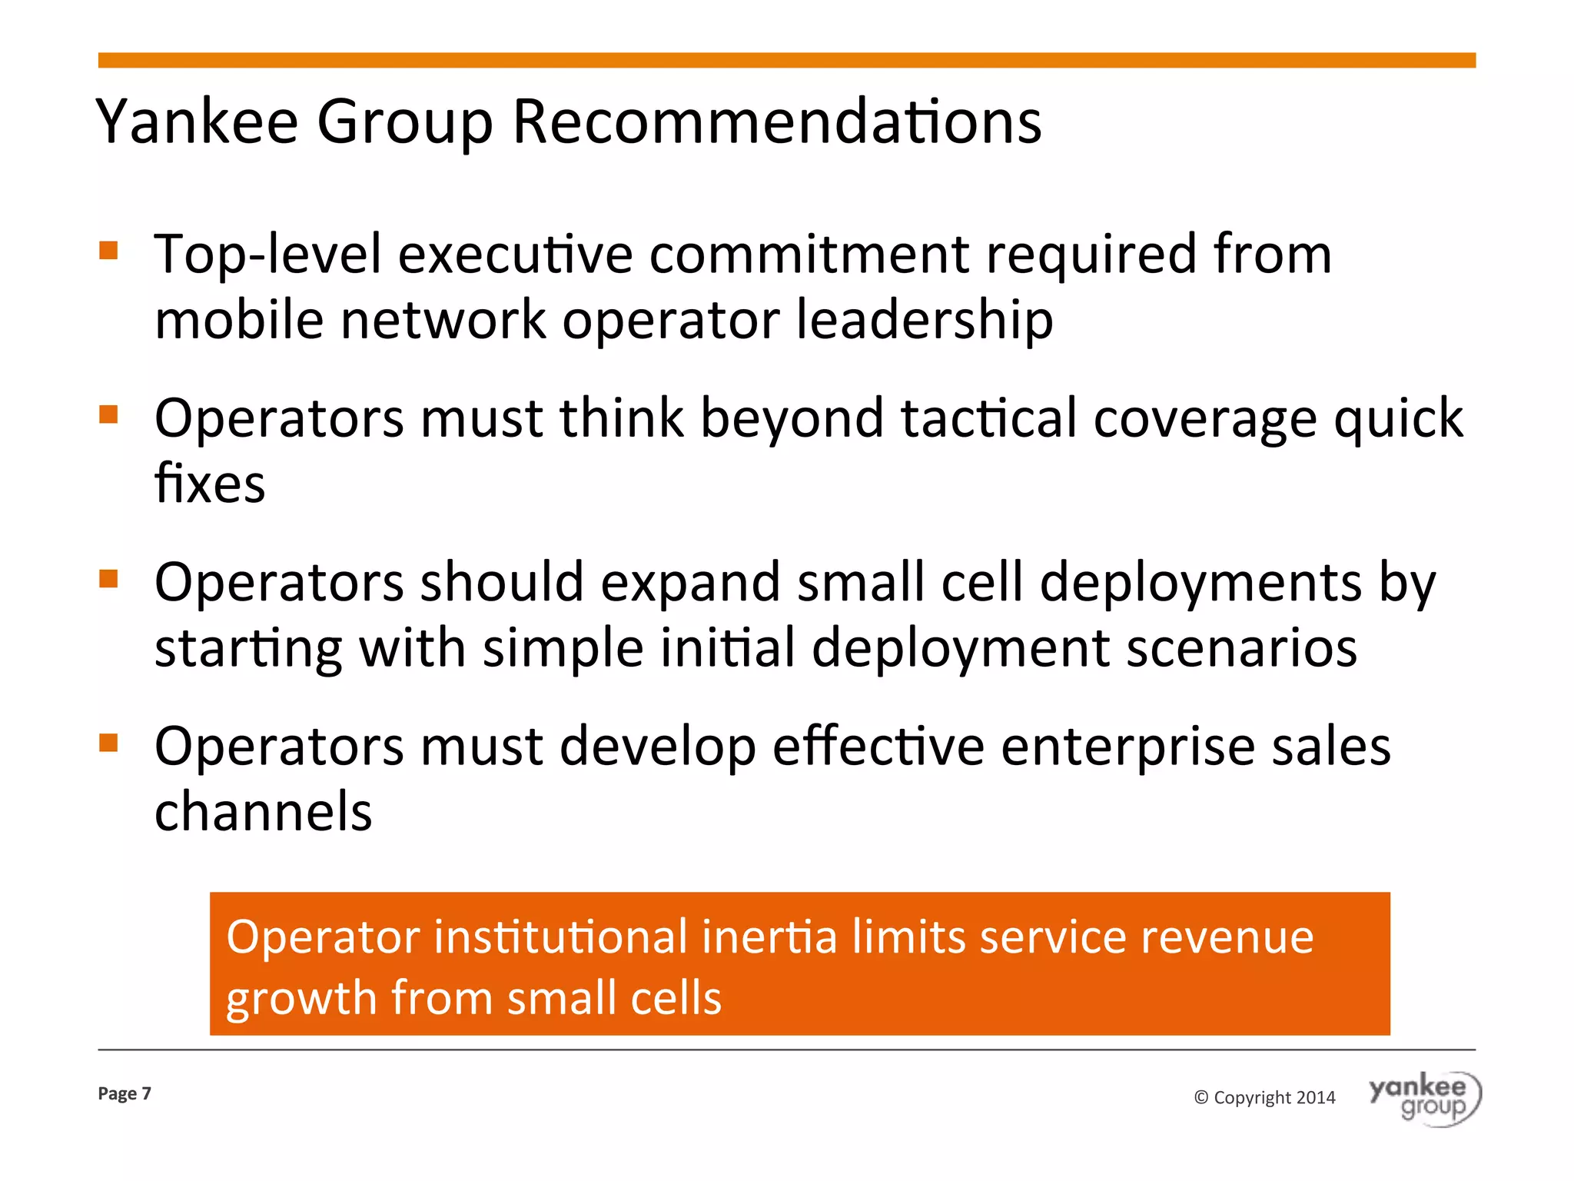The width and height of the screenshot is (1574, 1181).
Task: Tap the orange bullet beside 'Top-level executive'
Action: pos(108,251)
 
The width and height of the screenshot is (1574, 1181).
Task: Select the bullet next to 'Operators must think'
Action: pos(108,415)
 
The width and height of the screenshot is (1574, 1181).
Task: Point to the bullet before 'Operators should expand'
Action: pos(108,578)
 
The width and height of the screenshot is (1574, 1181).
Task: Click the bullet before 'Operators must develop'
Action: pos(108,743)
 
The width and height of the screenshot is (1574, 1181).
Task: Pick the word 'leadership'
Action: pos(924,320)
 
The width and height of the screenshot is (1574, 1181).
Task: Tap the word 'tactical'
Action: pos(988,418)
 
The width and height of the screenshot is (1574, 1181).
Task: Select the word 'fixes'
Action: pos(210,484)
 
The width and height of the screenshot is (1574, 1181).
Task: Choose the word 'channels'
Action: pos(263,812)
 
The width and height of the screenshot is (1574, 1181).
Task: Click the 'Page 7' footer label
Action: pos(125,1093)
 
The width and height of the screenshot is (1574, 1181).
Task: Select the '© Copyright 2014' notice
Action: pos(1264,1097)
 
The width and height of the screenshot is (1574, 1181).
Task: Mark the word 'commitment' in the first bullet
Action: pos(809,254)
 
